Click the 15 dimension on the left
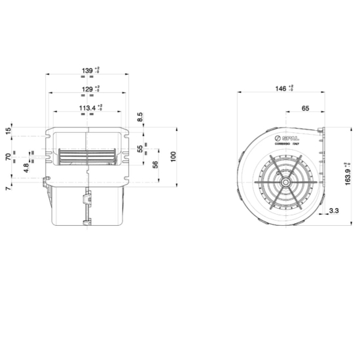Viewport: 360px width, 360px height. coord(8,131)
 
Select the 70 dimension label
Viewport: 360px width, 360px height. coord(8,157)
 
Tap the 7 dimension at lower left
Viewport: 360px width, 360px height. coord(8,189)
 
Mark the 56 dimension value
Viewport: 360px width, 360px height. coord(155,165)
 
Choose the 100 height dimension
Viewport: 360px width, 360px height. coord(173,157)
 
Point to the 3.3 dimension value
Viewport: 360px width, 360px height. coord(334,211)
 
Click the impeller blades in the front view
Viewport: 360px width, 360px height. coord(85,156)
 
